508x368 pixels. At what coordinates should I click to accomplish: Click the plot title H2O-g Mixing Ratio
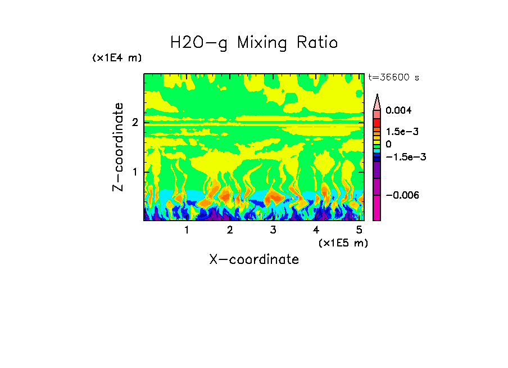254,43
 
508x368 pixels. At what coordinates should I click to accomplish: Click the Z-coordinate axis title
118,147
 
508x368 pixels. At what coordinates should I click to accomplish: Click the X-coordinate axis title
254,259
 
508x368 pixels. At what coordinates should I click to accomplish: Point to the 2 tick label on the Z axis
135,123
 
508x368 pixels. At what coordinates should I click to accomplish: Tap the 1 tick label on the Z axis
135,172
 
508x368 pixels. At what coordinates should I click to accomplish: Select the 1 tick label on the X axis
187,230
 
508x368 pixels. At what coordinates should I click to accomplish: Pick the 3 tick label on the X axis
273,230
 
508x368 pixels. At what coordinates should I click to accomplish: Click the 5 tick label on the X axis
359,230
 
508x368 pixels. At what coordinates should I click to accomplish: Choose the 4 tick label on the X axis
316,230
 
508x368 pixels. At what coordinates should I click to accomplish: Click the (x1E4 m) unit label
117,58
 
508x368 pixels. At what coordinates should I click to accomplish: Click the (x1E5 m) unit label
343,243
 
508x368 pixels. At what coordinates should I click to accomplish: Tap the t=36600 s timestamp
393,78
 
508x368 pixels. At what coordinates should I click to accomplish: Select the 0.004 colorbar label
398,111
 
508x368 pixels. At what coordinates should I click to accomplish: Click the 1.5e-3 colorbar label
398,131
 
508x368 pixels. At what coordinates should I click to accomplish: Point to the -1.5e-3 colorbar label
402,157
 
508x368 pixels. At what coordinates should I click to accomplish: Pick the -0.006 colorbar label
402,195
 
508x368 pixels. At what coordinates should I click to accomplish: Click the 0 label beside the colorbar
388,144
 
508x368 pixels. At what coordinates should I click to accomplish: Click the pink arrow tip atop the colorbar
377,101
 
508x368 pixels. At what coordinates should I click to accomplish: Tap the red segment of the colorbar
377,123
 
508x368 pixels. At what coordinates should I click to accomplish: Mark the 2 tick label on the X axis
230,230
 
